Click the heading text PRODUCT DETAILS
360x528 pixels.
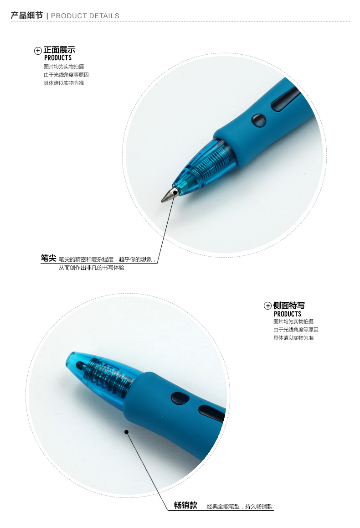pos(85,16)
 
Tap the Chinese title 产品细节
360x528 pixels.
pos(27,16)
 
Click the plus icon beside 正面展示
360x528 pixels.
pos(38,51)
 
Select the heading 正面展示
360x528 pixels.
pos(60,50)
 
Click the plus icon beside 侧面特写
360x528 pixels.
pos(267,305)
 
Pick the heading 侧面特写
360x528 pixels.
pos(289,305)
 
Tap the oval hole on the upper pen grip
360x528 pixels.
pos(259,120)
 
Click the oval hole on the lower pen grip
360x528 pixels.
pos(180,399)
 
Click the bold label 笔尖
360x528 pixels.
pos(48,258)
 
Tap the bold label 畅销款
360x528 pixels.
pos(185,505)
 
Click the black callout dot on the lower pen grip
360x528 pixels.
pos(127,432)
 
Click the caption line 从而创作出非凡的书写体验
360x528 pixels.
pos(92,268)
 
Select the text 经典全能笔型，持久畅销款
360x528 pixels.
pos(240,507)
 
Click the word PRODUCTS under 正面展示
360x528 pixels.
pos(58,58)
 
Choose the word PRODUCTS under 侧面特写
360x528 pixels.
pos(288,314)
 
